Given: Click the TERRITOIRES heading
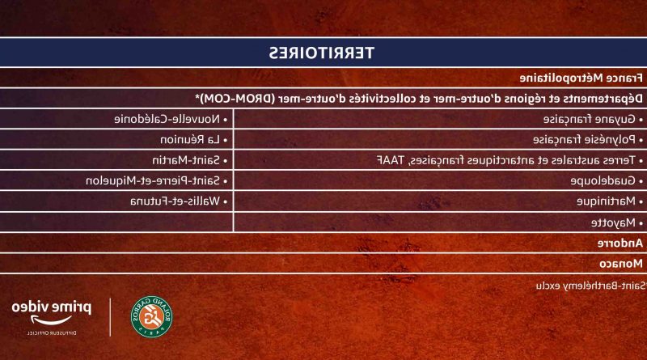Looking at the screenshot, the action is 321,53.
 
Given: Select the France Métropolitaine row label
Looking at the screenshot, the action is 581,78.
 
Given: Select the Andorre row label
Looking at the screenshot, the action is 620,244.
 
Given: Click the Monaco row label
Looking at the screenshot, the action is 620,264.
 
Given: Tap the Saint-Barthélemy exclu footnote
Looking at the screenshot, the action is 591,286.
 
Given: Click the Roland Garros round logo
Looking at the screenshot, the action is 151,316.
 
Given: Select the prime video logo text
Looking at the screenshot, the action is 52,308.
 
